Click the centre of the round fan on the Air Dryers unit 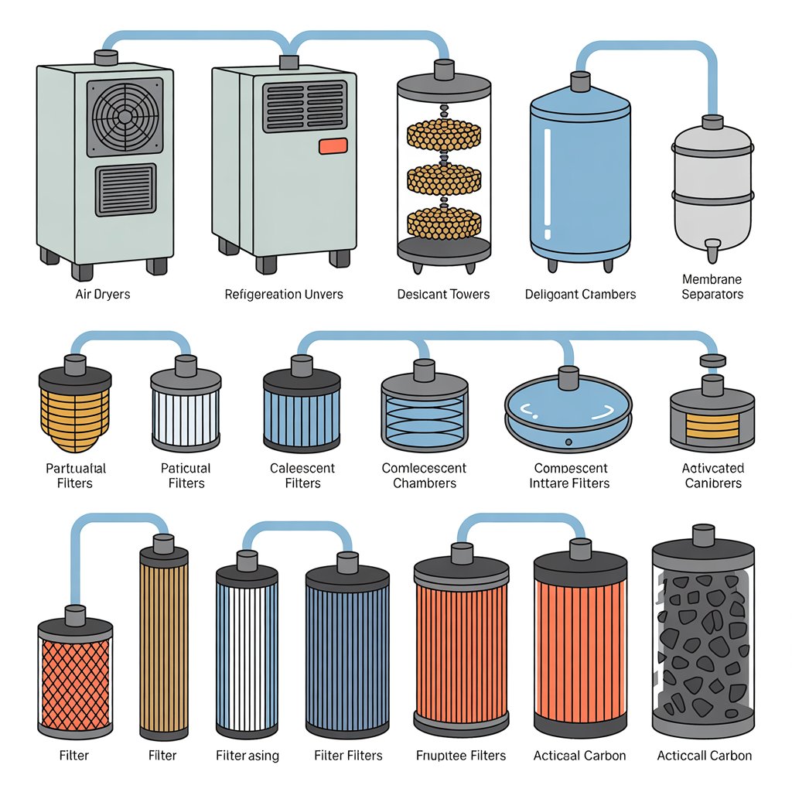click(125, 116)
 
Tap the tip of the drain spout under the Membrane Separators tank click(712, 259)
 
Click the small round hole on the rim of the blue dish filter click(568, 442)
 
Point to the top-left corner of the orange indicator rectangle click(319, 139)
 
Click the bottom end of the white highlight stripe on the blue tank click(548, 237)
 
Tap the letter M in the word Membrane click(687, 279)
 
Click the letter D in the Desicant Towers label click(401, 295)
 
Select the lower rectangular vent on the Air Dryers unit click(126, 189)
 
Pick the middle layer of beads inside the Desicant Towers click(444, 179)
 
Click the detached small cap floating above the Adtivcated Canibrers click(712, 360)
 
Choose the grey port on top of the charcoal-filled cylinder click(703, 534)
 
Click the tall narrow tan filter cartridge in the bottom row click(164, 641)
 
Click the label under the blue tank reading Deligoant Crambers click(580, 295)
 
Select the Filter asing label click(247, 756)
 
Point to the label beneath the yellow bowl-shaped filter click(75, 476)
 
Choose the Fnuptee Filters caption click(461, 756)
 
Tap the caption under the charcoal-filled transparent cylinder click(704, 756)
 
